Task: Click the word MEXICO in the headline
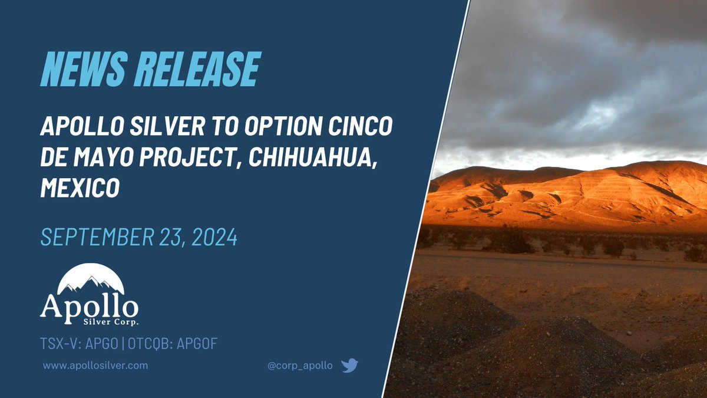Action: [80, 189]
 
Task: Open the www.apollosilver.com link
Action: [95, 366]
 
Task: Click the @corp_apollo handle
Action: [300, 366]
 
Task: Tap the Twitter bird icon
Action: [349, 366]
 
